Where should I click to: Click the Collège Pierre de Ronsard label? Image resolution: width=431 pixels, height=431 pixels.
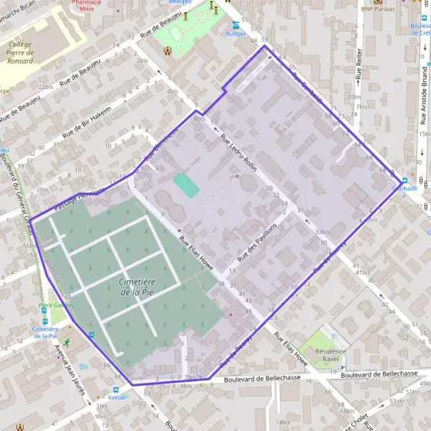point(20,52)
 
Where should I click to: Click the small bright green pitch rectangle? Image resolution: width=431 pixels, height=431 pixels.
point(187,185)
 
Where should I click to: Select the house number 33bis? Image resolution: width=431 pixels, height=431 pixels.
point(323,231)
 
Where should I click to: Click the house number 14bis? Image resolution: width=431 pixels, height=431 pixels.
point(285,422)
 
